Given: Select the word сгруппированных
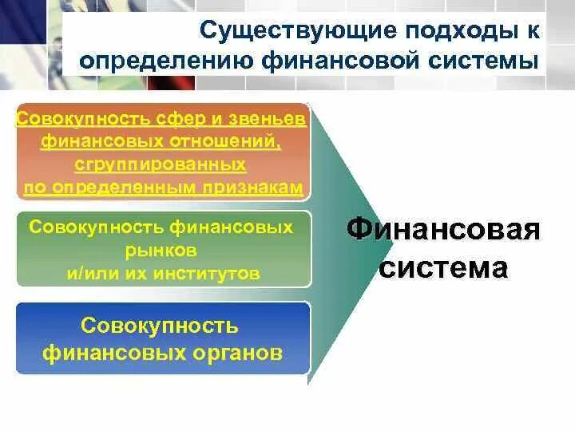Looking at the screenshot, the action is (x=161, y=165).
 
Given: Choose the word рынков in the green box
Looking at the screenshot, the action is (x=161, y=250).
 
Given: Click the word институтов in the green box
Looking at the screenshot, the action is (x=208, y=273).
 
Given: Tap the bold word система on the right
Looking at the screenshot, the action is (x=443, y=267).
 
